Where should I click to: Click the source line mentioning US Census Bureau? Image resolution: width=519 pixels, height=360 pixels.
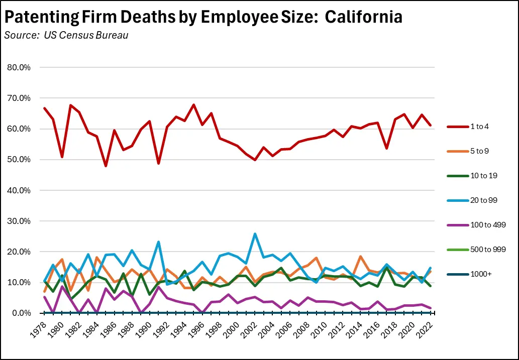(65, 36)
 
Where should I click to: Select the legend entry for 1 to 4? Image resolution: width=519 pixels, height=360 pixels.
(470, 127)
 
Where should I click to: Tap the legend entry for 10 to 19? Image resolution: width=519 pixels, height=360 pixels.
(472, 175)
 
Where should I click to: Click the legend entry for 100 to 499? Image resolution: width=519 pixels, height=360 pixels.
(474, 224)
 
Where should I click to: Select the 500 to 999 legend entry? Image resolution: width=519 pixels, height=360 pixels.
(474, 249)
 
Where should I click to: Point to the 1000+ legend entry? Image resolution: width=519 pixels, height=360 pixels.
(469, 274)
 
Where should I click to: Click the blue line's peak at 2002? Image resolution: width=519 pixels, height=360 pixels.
(255, 234)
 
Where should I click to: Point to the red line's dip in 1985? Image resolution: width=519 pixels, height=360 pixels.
(106, 166)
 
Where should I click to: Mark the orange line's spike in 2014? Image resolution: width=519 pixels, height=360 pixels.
(360, 257)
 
